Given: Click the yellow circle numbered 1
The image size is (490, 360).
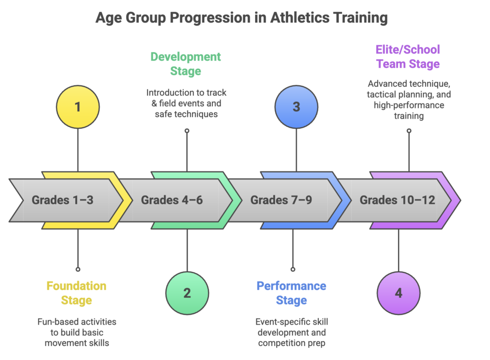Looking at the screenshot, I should [78, 106].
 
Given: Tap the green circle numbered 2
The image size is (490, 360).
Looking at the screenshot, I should [187, 292].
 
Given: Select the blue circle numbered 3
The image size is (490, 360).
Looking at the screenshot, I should [296, 106].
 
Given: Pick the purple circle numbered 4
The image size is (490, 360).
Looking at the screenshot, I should [399, 292].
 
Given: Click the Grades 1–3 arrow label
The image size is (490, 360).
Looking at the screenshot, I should [63, 200].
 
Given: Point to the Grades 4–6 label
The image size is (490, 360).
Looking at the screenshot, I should [172, 200].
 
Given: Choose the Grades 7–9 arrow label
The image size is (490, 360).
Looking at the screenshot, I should [281, 200].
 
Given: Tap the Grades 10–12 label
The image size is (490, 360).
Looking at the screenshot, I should [397, 200].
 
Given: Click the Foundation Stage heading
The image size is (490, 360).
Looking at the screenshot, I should [76, 293].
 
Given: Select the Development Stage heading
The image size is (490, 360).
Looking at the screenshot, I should [186, 64].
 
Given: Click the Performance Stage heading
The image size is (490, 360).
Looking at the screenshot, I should [291, 293].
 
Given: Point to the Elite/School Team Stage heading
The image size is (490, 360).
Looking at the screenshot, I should [408, 56].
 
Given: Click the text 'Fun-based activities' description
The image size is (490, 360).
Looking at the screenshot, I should [77, 322].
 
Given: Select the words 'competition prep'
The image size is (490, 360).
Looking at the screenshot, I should [292, 343].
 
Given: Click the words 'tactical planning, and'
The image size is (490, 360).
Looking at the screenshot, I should [409, 94].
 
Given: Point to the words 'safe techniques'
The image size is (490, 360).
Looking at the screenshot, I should [187, 114].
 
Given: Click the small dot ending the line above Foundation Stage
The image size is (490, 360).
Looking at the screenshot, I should [78, 269].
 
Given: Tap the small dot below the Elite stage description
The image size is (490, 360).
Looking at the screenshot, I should [409, 130].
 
